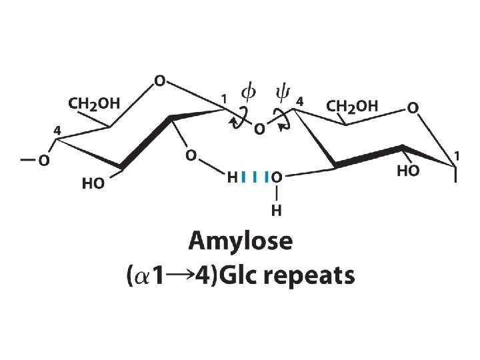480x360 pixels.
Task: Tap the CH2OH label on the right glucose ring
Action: (352, 106)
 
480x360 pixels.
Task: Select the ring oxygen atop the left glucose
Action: (159, 81)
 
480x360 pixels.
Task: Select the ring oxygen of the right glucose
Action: (413, 107)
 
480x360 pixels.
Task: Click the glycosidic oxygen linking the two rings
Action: (259, 129)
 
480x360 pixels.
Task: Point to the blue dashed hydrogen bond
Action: (255, 177)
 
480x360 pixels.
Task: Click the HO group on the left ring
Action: (93, 183)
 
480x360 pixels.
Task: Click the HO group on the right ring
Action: (408, 171)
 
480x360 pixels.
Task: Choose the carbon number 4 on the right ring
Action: (299, 101)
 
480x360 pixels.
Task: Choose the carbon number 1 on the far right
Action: (456, 157)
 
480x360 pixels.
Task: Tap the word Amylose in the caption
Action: (240, 241)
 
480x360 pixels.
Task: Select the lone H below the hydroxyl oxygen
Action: (275, 211)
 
